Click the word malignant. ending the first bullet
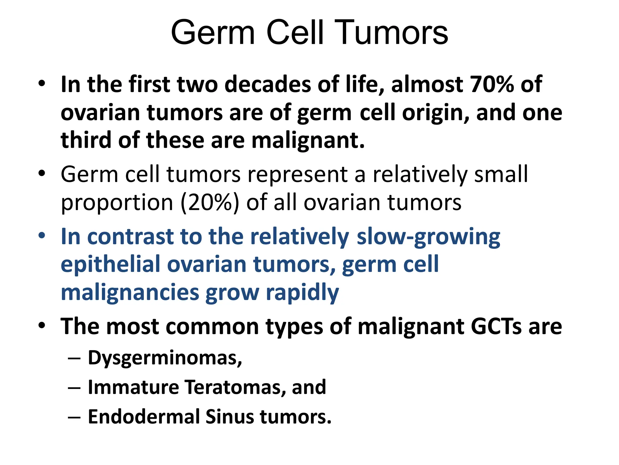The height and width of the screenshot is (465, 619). point(308,140)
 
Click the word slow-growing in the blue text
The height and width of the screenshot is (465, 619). point(428,237)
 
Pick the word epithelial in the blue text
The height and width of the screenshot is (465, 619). point(111,264)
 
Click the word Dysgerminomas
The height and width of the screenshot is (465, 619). point(165,358)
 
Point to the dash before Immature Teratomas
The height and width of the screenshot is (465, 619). point(74,388)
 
